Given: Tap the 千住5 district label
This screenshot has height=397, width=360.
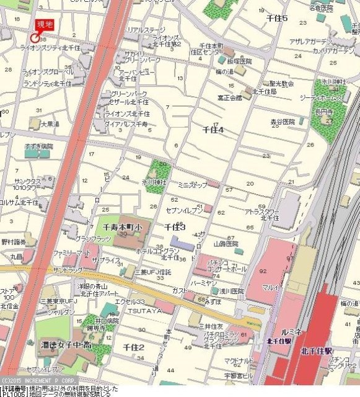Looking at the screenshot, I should [277, 19].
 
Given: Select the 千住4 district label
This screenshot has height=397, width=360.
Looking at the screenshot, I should [213, 130].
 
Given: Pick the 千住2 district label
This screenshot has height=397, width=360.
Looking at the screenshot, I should [133, 347].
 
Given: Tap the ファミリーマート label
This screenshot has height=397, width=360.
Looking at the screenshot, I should [71, 254].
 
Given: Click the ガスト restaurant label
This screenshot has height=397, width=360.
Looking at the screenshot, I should [180, 290].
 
